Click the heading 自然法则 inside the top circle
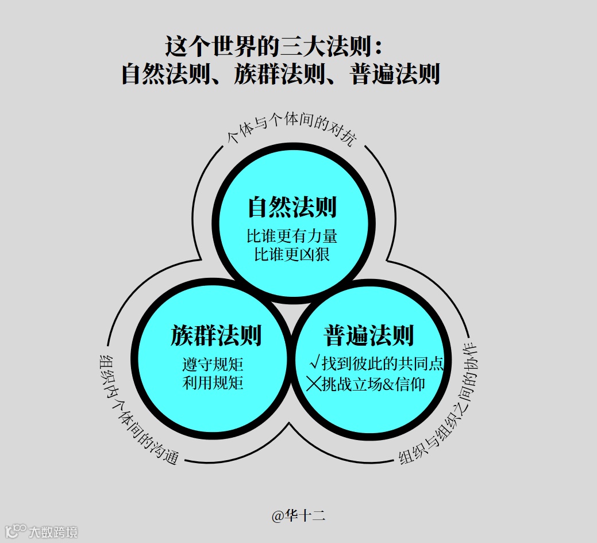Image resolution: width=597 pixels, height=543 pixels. click(x=292, y=207)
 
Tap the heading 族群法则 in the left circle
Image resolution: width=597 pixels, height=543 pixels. click(x=216, y=335)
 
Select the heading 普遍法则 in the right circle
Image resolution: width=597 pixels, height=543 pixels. click(x=369, y=335)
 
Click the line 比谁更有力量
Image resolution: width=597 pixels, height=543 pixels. click(x=292, y=236)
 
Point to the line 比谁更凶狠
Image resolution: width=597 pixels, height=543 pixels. click(x=292, y=254)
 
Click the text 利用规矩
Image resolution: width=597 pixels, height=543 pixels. click(x=213, y=383)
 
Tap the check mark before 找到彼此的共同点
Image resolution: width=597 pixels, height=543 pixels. click(x=314, y=362)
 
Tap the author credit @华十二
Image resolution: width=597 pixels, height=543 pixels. click(x=298, y=516)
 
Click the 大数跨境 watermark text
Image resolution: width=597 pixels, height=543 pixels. click(x=53, y=532)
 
